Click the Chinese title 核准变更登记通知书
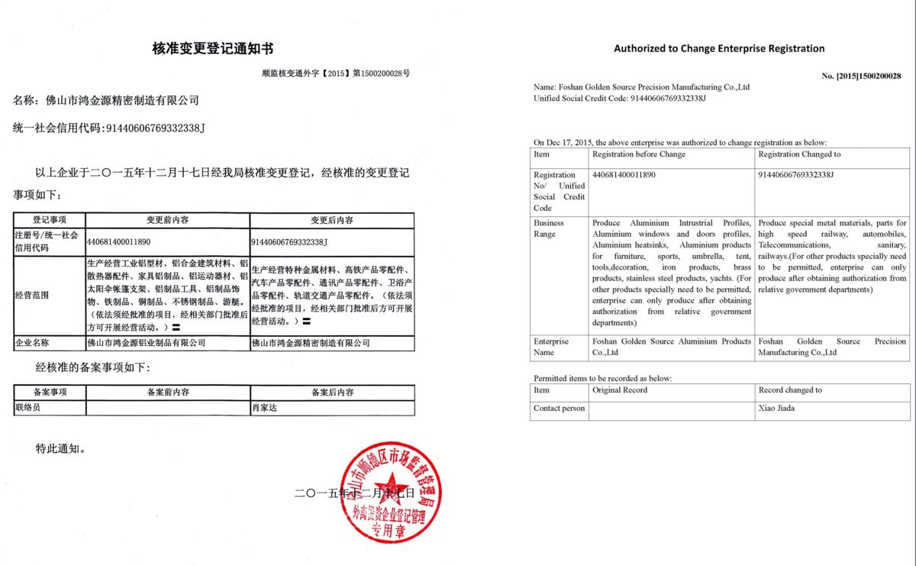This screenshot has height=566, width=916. point(213,49)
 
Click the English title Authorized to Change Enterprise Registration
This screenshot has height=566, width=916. point(719,48)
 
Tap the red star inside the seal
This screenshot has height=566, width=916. point(391,490)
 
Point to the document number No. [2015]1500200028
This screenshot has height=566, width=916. point(861,76)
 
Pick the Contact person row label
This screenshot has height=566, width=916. point(560,408)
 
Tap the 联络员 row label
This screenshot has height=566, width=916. point(27,408)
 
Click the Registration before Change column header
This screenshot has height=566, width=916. point(639,154)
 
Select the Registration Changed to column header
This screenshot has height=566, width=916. point(799,154)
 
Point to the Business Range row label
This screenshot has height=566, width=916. point(550,228)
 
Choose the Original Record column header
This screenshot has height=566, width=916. point(620,390)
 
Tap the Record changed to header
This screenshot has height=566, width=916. point(790,390)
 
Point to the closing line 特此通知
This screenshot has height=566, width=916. point(60,448)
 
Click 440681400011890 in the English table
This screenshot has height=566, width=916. point(624,175)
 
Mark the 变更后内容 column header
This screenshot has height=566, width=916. point(331,220)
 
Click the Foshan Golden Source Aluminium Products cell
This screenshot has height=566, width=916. point(672,347)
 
